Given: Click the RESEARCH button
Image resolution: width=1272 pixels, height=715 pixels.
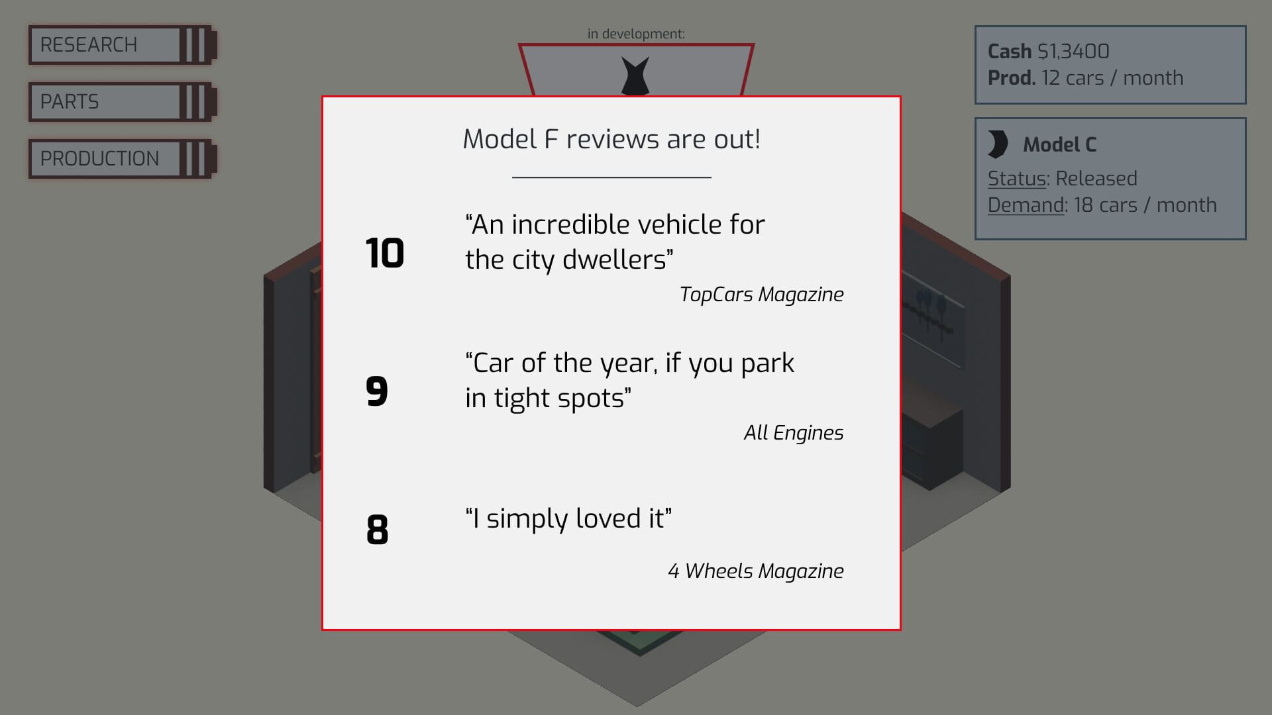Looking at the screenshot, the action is tap(123, 45).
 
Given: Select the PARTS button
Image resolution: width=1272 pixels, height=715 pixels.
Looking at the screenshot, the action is tap(123, 102).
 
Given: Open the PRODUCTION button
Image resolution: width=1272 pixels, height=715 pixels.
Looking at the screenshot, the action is tap(123, 159).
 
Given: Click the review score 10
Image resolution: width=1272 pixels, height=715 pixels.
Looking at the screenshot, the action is tap(385, 253).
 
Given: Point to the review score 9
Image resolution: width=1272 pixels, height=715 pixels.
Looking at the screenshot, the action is tap(377, 391).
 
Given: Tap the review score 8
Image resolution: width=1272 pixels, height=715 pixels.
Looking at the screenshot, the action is tap(378, 530).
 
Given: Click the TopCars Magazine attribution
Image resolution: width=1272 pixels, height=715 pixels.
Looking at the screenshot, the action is tap(761, 295).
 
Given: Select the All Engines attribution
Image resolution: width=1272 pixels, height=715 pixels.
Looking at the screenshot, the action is tap(793, 433).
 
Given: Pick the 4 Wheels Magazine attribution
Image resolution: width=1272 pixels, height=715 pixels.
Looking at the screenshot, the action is tap(755, 571).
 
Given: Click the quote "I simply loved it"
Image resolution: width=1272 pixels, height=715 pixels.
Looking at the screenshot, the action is tap(568, 518).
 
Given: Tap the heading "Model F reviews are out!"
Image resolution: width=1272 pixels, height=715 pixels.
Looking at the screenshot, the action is tap(611, 139).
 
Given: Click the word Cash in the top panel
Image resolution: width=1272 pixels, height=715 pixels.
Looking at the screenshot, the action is tap(1010, 51).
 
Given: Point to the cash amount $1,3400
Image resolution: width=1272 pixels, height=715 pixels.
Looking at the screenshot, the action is tap(1073, 51).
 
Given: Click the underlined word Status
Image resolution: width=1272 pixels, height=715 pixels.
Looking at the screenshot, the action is tap(1017, 179).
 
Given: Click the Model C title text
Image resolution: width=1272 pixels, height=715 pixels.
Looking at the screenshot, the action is tap(1060, 144).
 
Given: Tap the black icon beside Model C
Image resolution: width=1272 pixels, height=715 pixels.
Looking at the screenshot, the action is tap(998, 144).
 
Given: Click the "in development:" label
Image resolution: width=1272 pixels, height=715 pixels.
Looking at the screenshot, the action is tap(636, 34).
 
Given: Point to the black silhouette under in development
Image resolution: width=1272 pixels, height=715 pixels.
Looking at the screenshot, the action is tap(635, 75).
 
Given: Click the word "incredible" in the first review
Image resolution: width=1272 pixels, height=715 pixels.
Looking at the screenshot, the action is tap(588, 224).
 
